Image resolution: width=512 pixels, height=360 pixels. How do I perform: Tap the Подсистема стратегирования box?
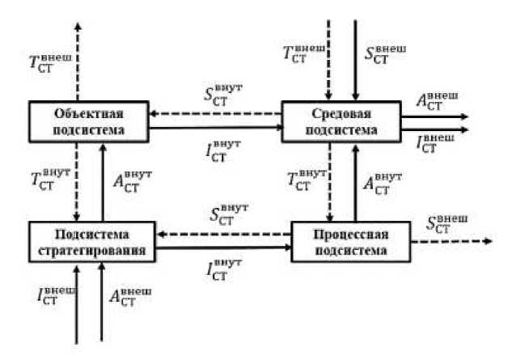93,240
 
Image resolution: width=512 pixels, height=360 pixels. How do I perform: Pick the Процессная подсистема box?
347,240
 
